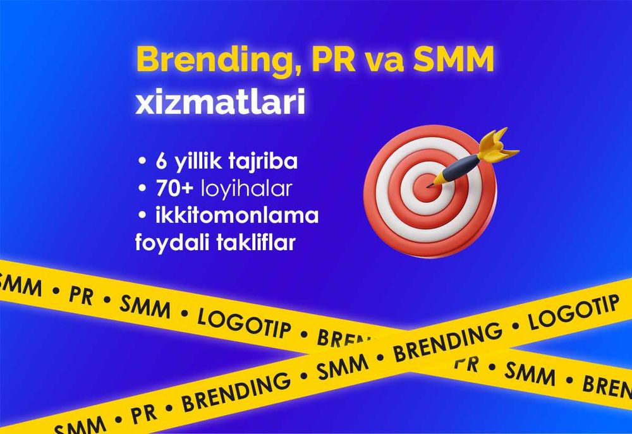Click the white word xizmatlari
pyautogui.click(x=221, y=103)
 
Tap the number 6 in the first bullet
pyautogui.click(x=162, y=161)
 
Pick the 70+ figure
pyautogui.click(x=175, y=188)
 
